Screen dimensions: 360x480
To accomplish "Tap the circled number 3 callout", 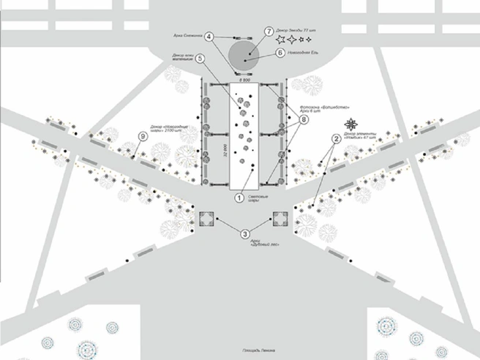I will coord(245,233).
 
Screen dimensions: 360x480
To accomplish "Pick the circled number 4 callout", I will coord(209,36).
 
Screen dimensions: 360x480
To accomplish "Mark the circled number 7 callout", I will coord(269,32).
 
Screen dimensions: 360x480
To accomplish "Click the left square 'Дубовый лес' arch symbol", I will coord(206,219).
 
